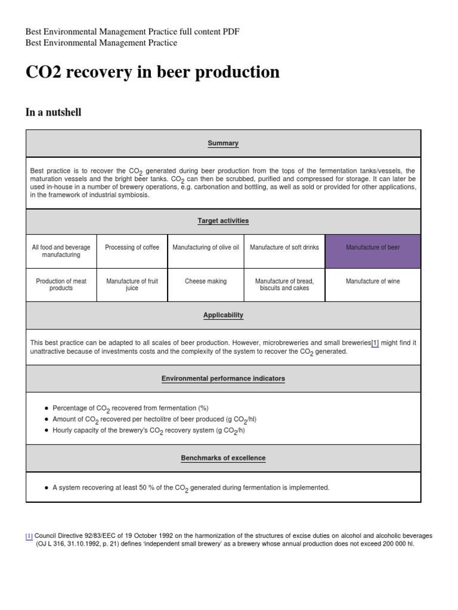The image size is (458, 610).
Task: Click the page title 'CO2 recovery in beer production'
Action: pyautogui.click(x=153, y=72)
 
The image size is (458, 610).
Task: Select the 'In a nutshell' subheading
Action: pyautogui.click(x=54, y=112)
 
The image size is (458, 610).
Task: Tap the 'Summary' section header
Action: pyautogui.click(x=223, y=144)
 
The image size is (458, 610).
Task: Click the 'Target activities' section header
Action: pyautogui.click(x=223, y=221)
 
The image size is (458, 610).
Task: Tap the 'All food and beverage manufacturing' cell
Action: pyautogui.click(x=61, y=251)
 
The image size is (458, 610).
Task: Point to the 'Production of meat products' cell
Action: pyautogui.click(x=61, y=285)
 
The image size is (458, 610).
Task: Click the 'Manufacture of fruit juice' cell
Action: pyautogui.click(x=132, y=285)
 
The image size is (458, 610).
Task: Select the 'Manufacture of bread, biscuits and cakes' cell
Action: pyautogui.click(x=284, y=285)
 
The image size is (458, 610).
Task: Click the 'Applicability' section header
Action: pyautogui.click(x=223, y=315)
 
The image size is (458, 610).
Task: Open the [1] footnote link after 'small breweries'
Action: pyautogui.click(x=375, y=343)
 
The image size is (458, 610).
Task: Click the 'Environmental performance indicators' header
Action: pyautogui.click(x=223, y=379)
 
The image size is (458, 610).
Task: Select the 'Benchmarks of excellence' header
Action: pyautogui.click(x=223, y=458)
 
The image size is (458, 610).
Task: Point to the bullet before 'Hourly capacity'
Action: pyautogui.click(x=47, y=430)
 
